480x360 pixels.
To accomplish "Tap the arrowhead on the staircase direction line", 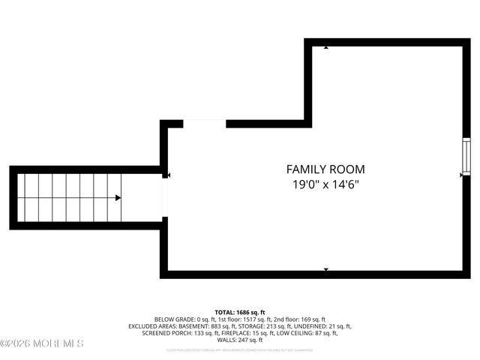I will (x=118, y=198).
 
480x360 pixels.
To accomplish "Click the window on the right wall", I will (x=465, y=157).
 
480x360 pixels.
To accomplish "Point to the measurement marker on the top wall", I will (x=325, y=48).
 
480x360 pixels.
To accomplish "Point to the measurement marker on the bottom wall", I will (x=325, y=268).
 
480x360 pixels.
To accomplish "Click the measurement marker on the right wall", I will (x=461, y=175).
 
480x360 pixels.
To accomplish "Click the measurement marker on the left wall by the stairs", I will (x=169, y=175).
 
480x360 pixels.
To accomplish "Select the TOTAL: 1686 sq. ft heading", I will (x=240, y=312).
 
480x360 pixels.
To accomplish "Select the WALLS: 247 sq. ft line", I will (x=240, y=340).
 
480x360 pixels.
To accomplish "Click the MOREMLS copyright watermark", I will (x=42, y=343).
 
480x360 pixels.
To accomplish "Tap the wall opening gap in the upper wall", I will (x=205, y=124).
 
